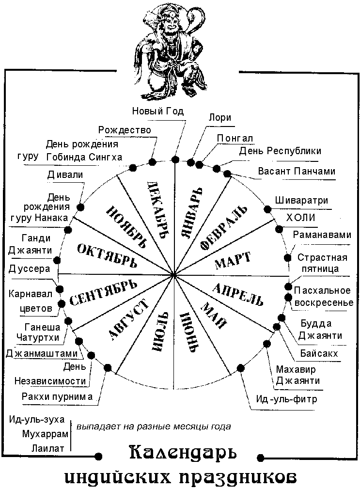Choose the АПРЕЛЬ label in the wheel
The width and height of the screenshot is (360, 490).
pyautogui.click(x=237, y=293)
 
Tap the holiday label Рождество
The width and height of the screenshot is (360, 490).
pyautogui.click(x=125, y=130)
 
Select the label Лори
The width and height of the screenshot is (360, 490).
pyautogui.click(x=219, y=117)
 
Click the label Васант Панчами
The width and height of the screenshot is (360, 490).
pyautogui.click(x=297, y=171)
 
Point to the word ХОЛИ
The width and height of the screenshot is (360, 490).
pyautogui.click(x=301, y=218)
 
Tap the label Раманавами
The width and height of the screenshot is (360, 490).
pyautogui.click(x=322, y=235)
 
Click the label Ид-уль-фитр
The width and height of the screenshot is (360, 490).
pyautogui.click(x=282, y=400)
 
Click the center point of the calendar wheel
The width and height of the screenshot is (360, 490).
pyautogui.click(x=173, y=275)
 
